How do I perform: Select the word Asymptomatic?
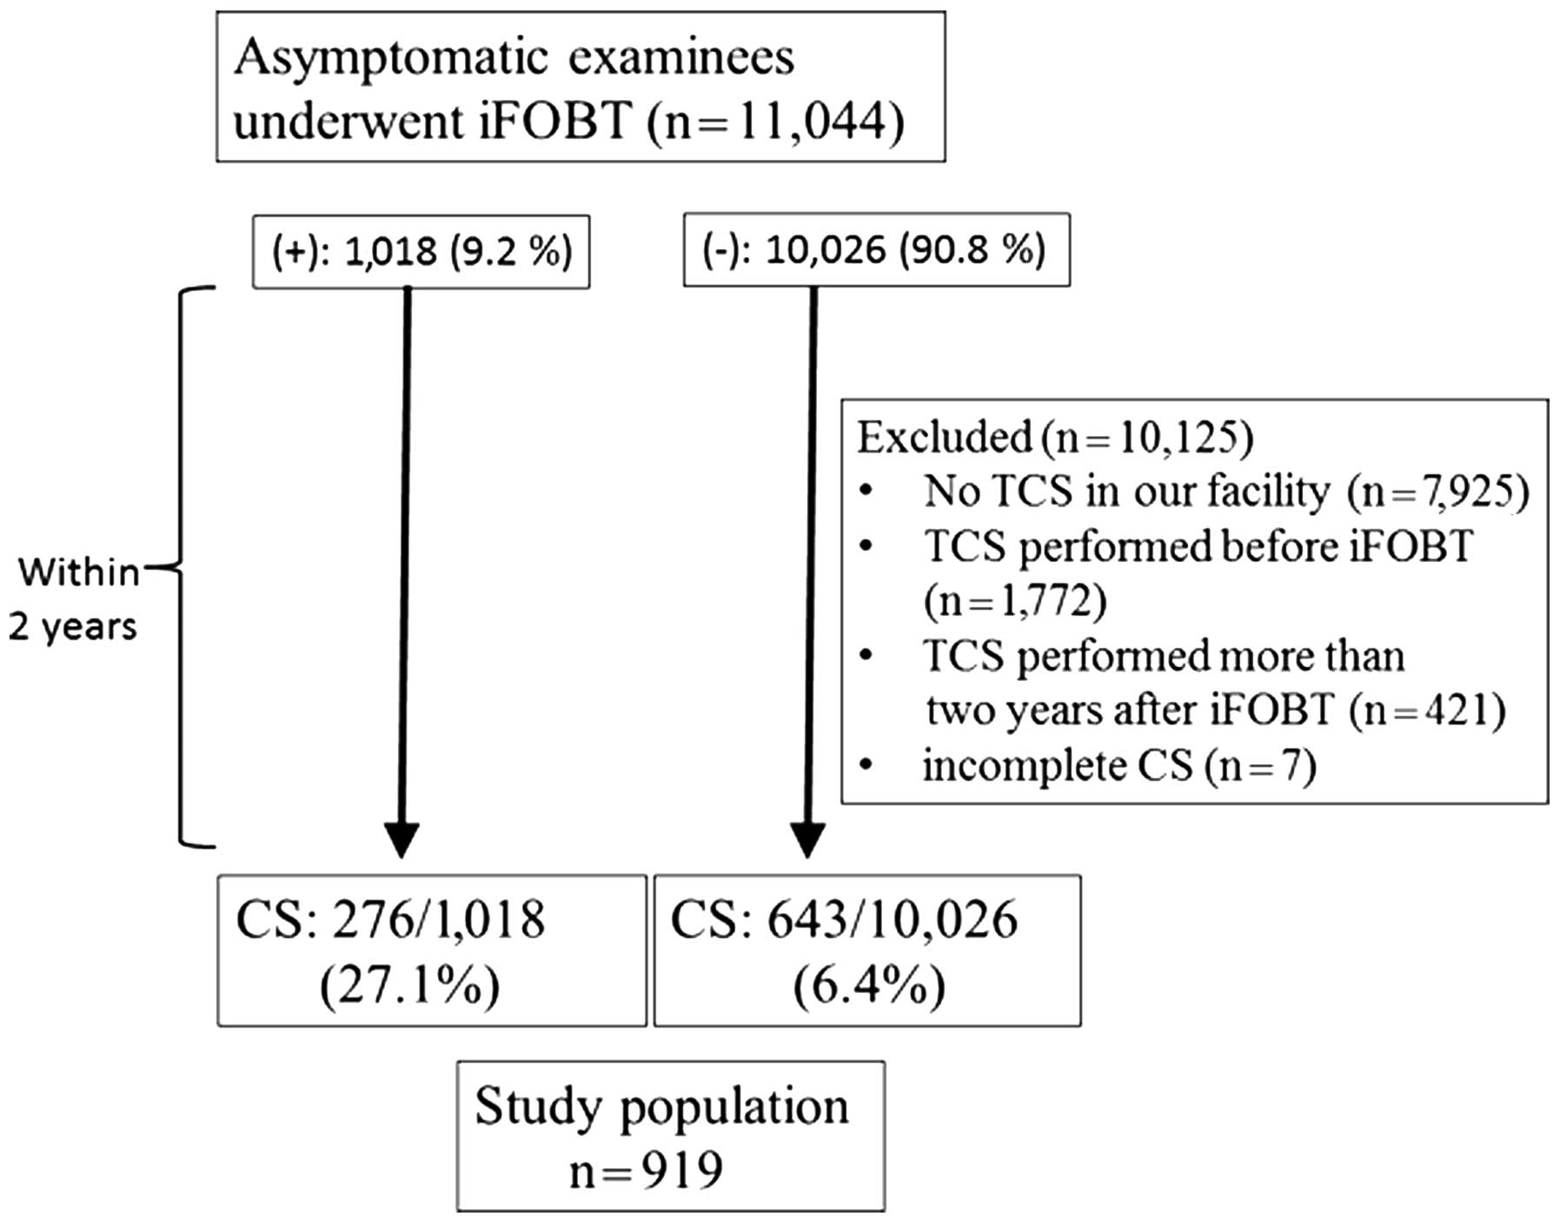point(391,59)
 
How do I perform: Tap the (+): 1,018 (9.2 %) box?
point(422,252)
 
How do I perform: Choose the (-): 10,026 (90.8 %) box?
point(876,250)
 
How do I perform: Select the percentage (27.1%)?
point(410,987)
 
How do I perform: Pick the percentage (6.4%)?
point(869,987)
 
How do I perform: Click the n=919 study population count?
point(646,1171)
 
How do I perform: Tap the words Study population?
point(662,1107)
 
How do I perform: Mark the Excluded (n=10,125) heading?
point(1055,438)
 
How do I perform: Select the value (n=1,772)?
point(1015,601)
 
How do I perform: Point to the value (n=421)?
point(1427,711)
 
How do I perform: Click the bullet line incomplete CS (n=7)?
point(1119,767)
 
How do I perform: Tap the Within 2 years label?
point(76,599)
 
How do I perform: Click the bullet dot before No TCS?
point(866,493)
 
